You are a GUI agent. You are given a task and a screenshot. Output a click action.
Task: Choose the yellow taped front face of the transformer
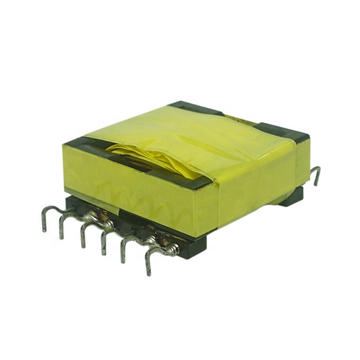[x=134, y=192]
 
